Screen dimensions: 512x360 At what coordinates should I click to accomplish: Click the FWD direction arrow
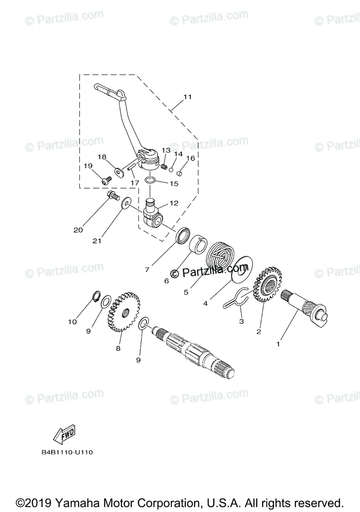point(64,434)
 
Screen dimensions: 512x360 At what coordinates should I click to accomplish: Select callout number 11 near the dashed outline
point(187,97)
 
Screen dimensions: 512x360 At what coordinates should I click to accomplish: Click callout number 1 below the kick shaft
point(278,343)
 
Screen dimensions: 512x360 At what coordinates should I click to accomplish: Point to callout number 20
point(78,230)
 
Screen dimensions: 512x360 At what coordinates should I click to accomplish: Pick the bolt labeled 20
point(113,197)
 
